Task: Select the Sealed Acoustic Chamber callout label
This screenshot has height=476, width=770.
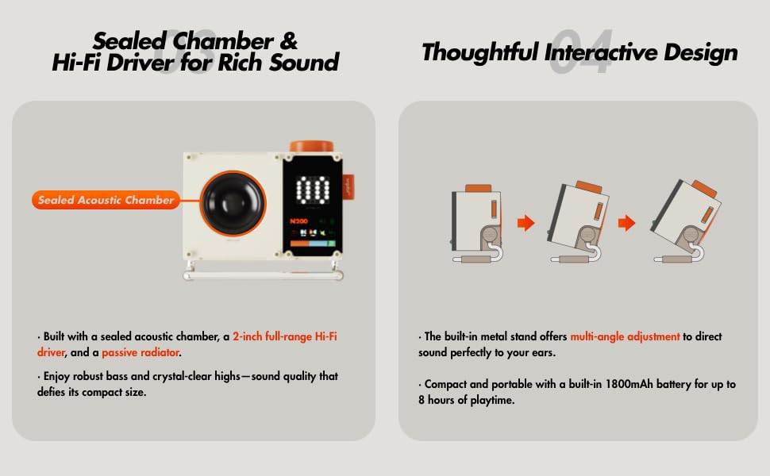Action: [106, 200]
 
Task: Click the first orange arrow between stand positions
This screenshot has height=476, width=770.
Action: [526, 223]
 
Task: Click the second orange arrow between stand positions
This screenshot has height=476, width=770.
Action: [627, 223]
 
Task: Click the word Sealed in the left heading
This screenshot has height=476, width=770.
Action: [132, 40]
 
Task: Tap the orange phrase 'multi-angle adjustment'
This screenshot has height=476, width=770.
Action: [625, 336]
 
